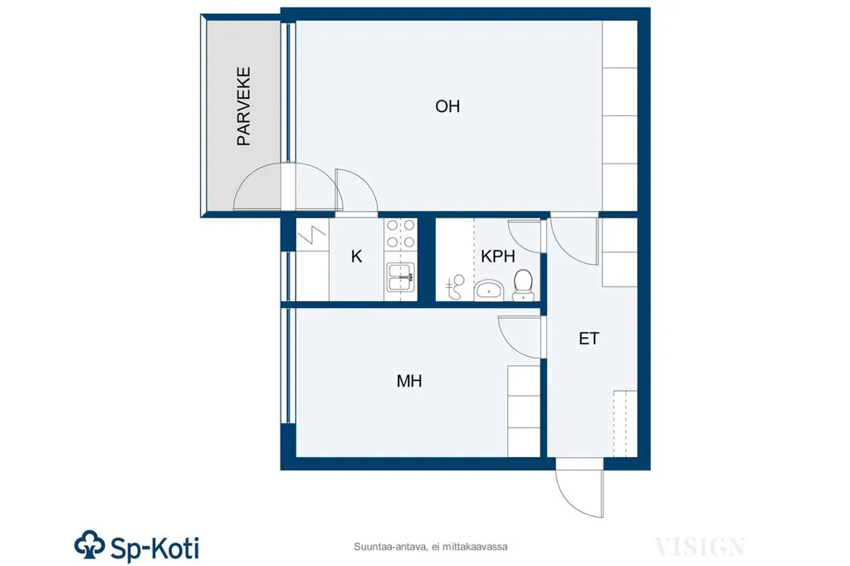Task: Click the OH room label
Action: [x=447, y=106]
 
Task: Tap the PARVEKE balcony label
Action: [x=244, y=106]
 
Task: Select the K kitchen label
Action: [x=356, y=256]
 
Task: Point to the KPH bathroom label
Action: [x=498, y=256]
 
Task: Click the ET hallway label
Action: [x=589, y=339]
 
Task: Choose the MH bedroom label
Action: [x=409, y=381]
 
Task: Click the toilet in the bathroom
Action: [x=523, y=285]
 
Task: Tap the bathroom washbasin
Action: [x=490, y=290]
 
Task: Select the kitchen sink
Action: [x=401, y=276]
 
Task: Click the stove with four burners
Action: [x=401, y=233]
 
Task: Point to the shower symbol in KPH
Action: [x=456, y=286]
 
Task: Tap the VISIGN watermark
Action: [x=700, y=546]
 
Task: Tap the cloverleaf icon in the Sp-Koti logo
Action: [x=90, y=545]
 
